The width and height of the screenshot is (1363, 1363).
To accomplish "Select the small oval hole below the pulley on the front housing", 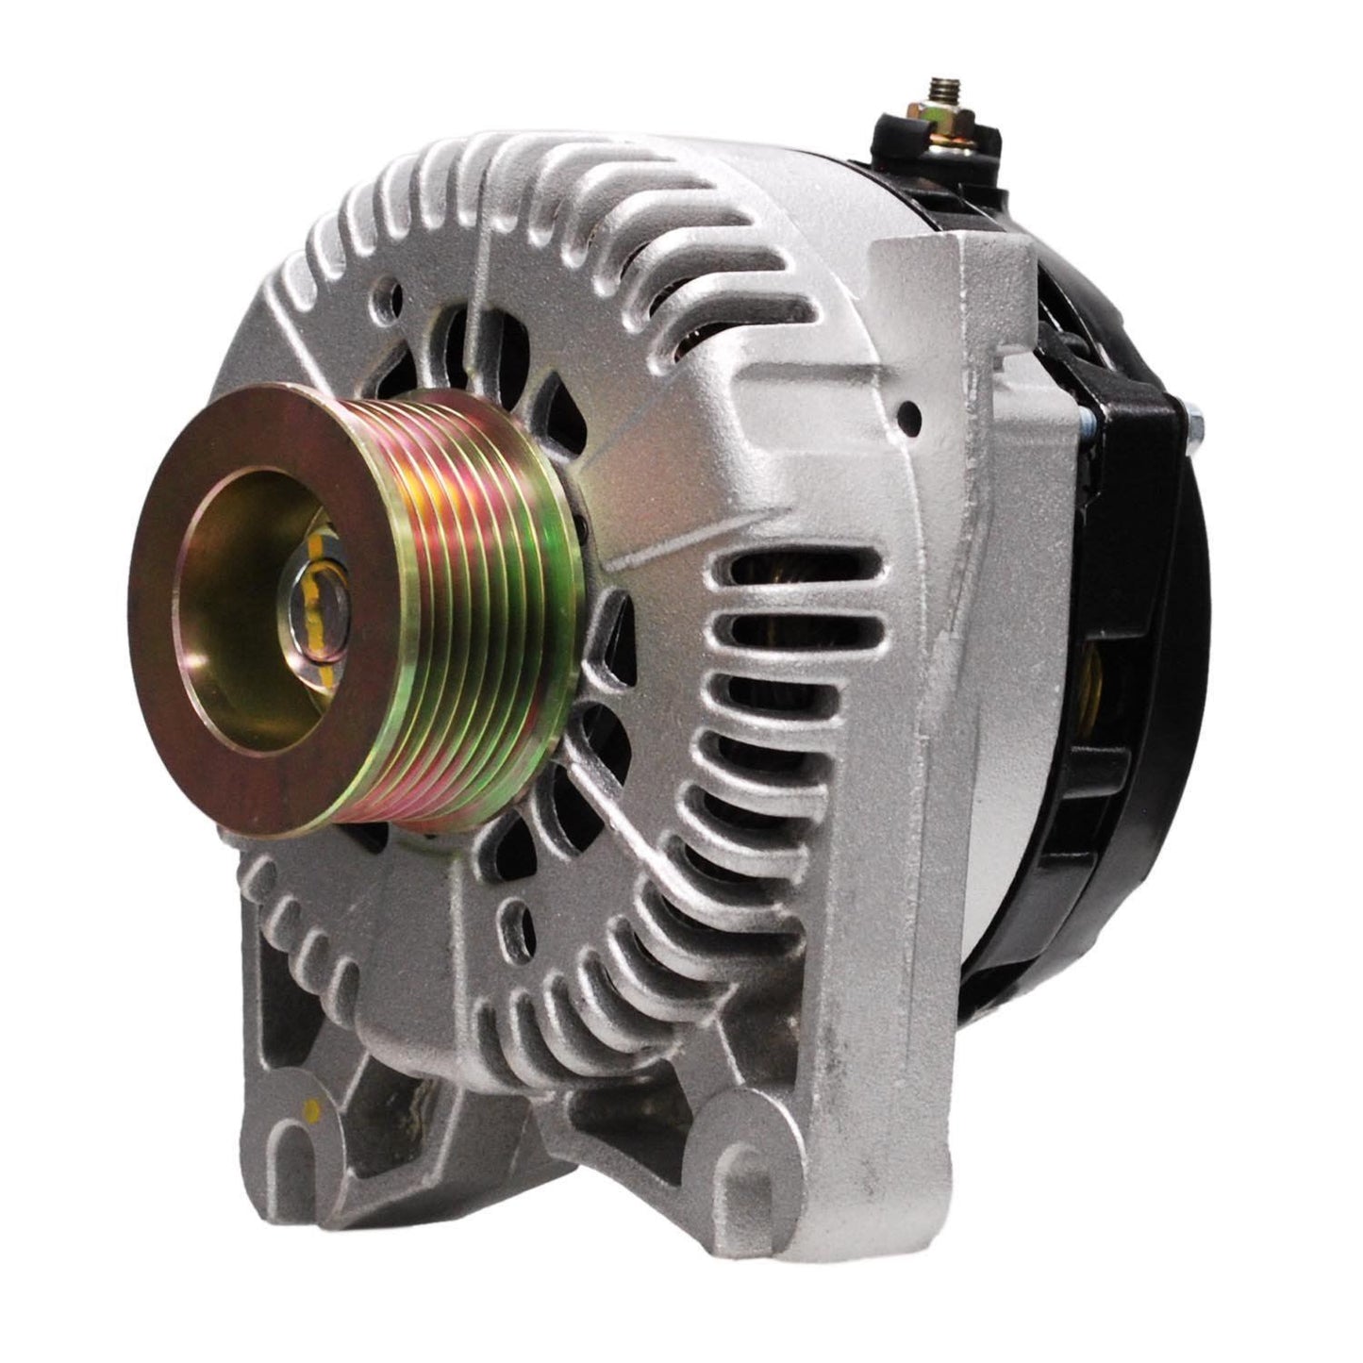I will point(514,915).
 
